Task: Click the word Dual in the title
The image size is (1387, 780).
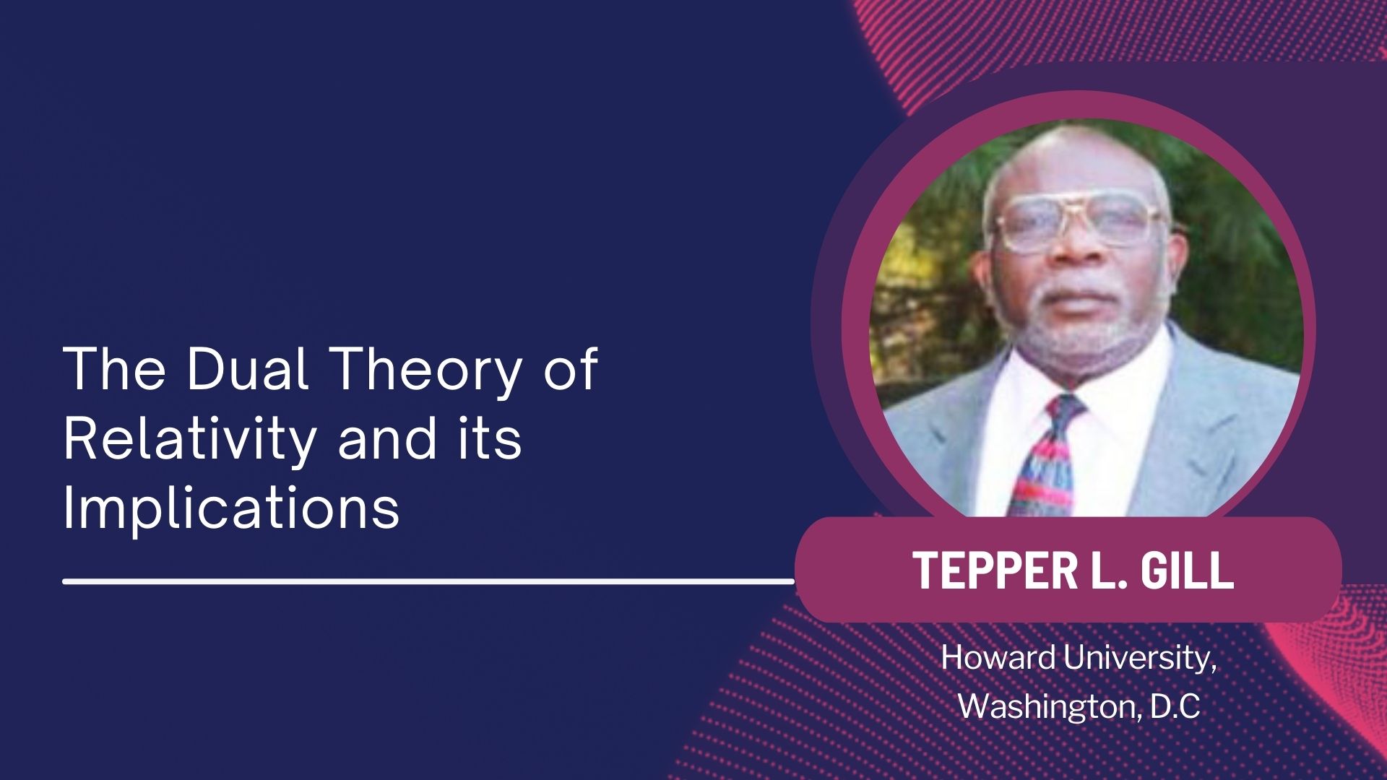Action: click(248, 368)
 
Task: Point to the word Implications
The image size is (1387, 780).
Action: click(231, 508)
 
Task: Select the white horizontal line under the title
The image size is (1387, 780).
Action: click(429, 580)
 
